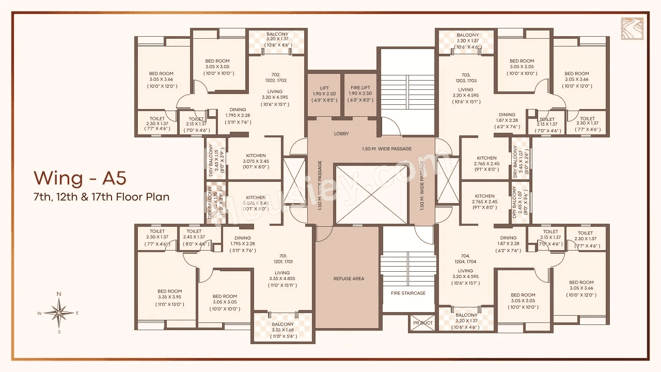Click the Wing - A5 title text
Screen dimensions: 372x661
click(80, 178)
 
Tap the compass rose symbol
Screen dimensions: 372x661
click(59, 313)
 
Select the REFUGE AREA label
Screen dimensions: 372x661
click(349, 278)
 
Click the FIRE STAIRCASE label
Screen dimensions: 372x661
click(408, 293)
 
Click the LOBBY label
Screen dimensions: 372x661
click(341, 134)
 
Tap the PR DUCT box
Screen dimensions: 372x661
click(422, 323)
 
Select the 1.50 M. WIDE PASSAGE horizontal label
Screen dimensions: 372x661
click(387, 149)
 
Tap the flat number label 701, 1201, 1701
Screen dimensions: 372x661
click(282, 258)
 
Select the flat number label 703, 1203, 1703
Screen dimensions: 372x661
click(465, 78)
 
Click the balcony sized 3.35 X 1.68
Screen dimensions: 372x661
click(282, 330)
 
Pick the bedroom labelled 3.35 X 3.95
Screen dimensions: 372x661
click(170, 297)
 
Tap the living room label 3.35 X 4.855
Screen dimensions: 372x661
click(282, 279)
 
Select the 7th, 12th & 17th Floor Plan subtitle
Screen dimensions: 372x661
click(102, 197)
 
